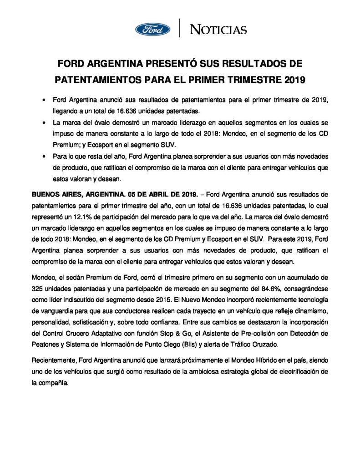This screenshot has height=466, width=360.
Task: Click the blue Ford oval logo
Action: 152,30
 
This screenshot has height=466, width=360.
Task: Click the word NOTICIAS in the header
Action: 218,30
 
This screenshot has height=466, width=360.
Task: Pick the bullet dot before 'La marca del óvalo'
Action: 44,123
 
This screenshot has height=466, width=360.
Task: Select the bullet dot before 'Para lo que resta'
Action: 44,157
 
